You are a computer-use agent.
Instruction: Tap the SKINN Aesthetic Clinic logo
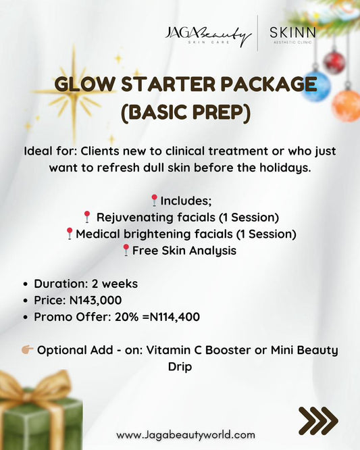292,34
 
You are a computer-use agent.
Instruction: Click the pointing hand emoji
27,350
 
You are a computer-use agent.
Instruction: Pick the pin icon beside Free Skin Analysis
126,251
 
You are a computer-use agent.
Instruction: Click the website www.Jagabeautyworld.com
185,434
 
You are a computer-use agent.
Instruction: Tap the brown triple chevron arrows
317,420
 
